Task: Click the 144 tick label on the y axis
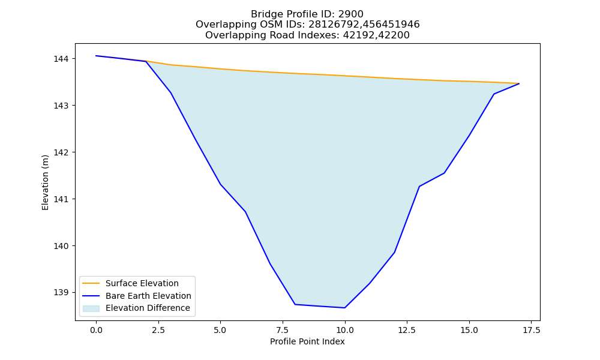pos(61,59)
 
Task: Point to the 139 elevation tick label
pos(61,293)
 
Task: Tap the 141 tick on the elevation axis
pos(61,199)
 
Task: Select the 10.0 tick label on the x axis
pos(345,330)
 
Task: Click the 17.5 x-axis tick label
pos(531,330)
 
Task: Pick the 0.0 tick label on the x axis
pos(96,330)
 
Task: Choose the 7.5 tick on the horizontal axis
pos(283,330)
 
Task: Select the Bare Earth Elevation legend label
pos(148,296)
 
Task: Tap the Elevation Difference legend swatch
pos(91,308)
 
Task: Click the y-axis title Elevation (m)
pos(45,182)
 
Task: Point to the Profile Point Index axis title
pos(307,341)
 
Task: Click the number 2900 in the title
pos(350,14)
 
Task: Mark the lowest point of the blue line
pos(345,308)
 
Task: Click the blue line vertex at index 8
pos(295,304)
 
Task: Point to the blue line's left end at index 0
pos(96,56)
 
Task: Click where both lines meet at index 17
pos(519,83)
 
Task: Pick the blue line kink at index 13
pos(419,187)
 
